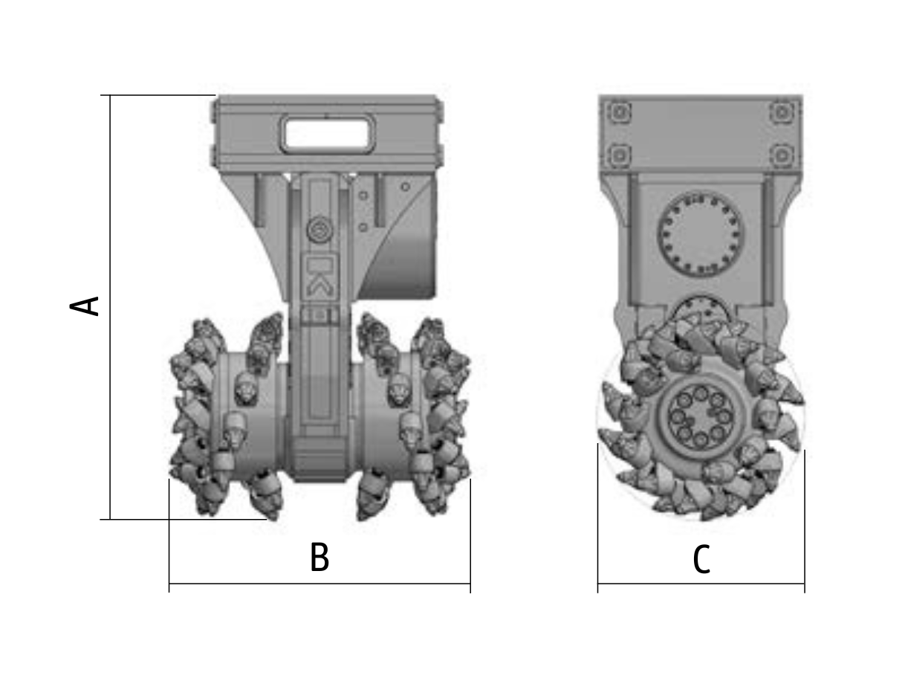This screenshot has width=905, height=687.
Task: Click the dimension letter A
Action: [84, 306]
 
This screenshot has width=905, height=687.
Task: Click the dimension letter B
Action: [319, 558]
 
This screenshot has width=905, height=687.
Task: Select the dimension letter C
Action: [701, 560]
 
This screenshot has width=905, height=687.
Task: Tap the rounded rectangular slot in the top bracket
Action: [328, 134]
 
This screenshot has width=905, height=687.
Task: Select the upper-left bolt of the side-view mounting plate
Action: [619, 112]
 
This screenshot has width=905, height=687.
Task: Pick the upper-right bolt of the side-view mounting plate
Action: [782, 112]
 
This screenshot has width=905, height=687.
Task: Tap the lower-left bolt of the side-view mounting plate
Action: [619, 155]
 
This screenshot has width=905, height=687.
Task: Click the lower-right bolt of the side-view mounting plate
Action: [782, 155]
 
